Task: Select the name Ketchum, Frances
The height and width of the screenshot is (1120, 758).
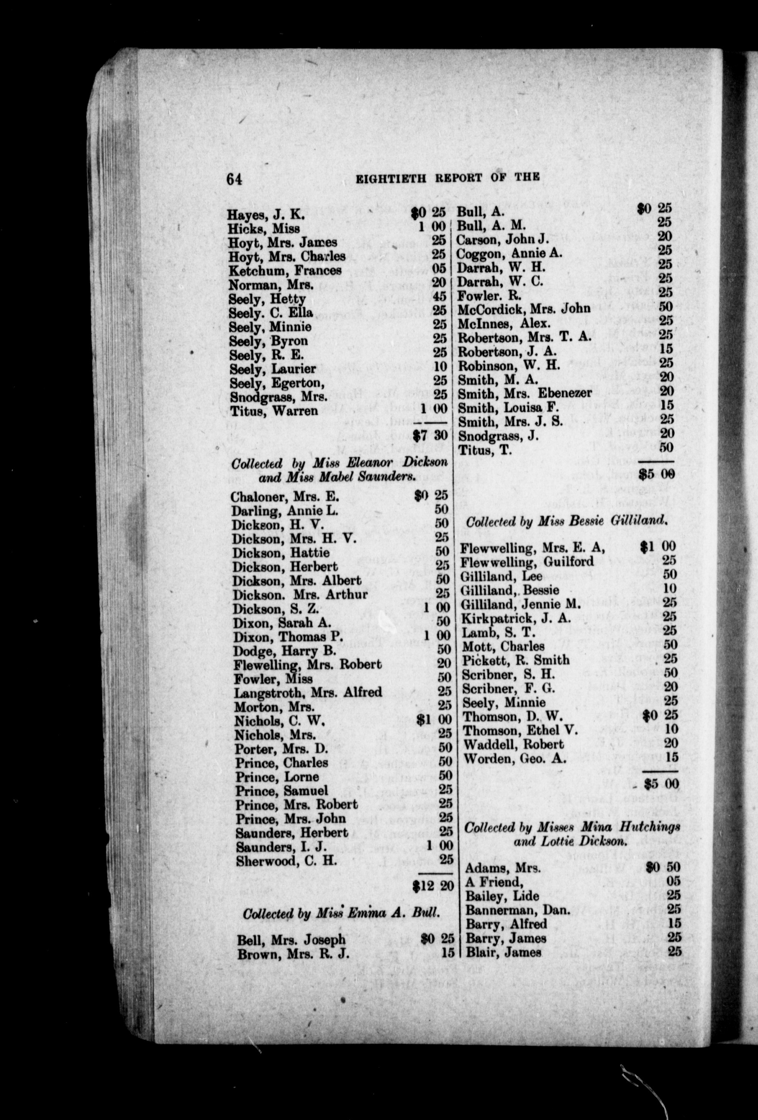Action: (285, 270)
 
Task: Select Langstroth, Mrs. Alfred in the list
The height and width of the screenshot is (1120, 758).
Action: (308, 693)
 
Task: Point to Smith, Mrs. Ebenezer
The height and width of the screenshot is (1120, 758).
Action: (525, 393)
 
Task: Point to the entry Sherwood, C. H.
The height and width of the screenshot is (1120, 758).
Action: (286, 861)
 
